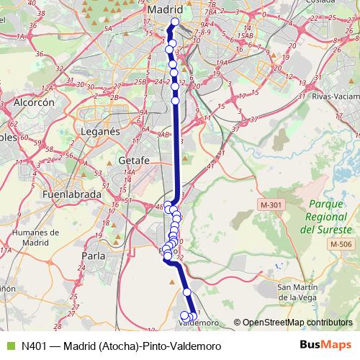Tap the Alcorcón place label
coord(34,103)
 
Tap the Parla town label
coord(94,255)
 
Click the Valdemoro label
coord(198,323)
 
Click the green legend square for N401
coord(9,346)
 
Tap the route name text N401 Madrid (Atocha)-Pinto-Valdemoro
coord(119,346)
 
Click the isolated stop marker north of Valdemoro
coord(186,292)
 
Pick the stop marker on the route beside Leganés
coord(175,101)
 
